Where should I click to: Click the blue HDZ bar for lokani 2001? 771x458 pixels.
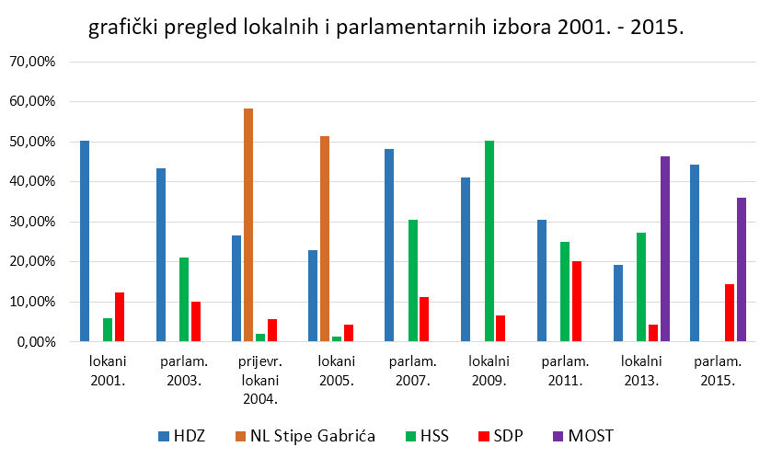85,241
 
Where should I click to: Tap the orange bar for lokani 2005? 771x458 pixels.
325,239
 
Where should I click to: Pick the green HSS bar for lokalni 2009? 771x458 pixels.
489,241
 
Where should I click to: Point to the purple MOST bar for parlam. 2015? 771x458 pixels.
740,269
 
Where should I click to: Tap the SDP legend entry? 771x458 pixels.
505,435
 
